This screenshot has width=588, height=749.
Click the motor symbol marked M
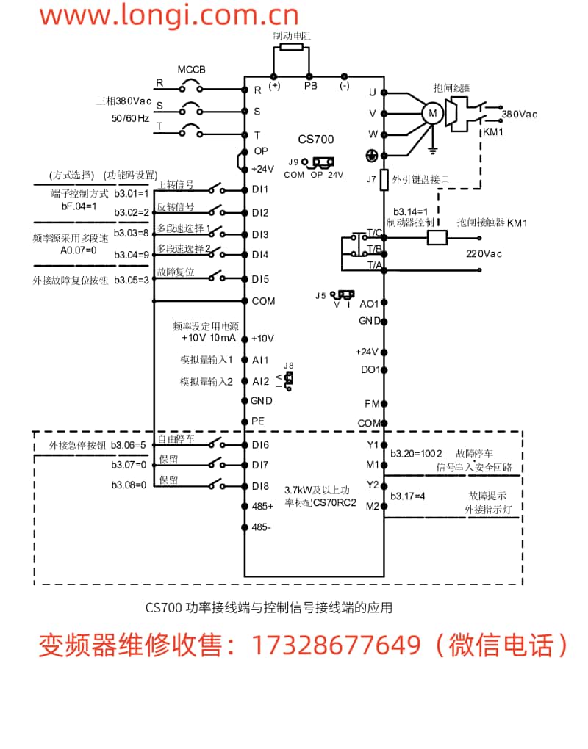coord(432,112)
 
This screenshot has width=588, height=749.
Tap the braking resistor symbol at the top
coord(292,47)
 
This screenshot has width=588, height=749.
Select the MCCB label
coord(192,70)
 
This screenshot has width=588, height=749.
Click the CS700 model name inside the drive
coord(316,140)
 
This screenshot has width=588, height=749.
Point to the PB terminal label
coord(311,86)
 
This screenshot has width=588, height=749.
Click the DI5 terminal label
coord(260,279)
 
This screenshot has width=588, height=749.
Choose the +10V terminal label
coord(262,339)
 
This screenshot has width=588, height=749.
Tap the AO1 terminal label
coord(368,303)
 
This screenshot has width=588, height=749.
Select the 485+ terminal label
coord(263,506)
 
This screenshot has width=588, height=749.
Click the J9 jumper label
coord(293,162)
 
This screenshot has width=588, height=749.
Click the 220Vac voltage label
coord(484,254)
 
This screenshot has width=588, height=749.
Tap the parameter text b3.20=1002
coord(416,453)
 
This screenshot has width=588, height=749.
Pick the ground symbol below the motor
coord(434,150)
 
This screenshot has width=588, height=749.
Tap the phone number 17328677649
coord(337,645)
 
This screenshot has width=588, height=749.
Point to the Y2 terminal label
coord(372,485)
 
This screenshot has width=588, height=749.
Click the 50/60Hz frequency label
coord(130,117)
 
